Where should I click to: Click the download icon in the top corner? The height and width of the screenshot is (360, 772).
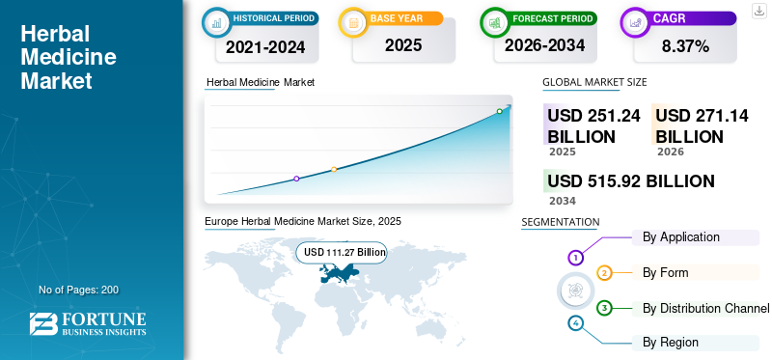(758, 11)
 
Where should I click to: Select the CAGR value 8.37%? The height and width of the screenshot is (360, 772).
(685, 46)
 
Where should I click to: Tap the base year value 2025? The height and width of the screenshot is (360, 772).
(403, 45)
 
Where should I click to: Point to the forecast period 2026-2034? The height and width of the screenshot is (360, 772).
(544, 45)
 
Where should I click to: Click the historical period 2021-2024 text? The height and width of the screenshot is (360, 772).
(265, 47)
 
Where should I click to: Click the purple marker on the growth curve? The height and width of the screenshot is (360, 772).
(296, 179)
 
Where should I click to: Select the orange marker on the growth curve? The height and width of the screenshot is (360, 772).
(334, 170)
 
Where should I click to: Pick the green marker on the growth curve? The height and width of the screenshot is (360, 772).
(499, 111)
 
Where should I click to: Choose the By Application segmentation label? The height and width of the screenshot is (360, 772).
(681, 236)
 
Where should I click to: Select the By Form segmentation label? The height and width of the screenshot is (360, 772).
(665, 272)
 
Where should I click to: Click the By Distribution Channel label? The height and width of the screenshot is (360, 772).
(705, 308)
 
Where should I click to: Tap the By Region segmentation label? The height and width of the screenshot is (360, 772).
(670, 343)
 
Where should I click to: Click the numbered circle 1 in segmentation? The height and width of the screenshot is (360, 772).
(575, 257)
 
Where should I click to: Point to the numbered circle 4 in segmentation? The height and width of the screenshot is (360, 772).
(575, 323)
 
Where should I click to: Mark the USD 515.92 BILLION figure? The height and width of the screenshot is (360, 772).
(631, 181)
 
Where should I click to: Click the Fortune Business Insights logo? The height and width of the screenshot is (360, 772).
(88, 323)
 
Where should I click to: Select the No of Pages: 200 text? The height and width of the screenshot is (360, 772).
(79, 290)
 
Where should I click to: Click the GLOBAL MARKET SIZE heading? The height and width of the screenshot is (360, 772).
(594, 82)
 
